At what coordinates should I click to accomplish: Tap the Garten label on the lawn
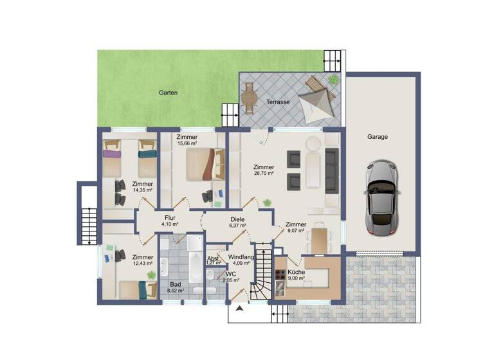(x=168, y=93)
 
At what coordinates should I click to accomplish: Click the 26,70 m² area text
(x=263, y=174)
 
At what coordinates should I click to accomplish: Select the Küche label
(x=296, y=272)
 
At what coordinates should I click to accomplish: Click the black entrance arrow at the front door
(x=241, y=309)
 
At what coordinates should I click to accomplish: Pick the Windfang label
(x=241, y=256)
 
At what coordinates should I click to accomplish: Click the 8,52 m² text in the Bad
(x=176, y=291)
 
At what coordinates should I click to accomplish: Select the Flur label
(x=170, y=217)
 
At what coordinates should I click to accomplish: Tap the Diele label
(x=237, y=219)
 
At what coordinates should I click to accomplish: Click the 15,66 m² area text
(x=187, y=143)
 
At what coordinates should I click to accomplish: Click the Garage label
(x=378, y=137)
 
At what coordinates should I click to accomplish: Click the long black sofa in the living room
(x=331, y=170)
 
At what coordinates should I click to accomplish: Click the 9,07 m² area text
(x=296, y=231)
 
